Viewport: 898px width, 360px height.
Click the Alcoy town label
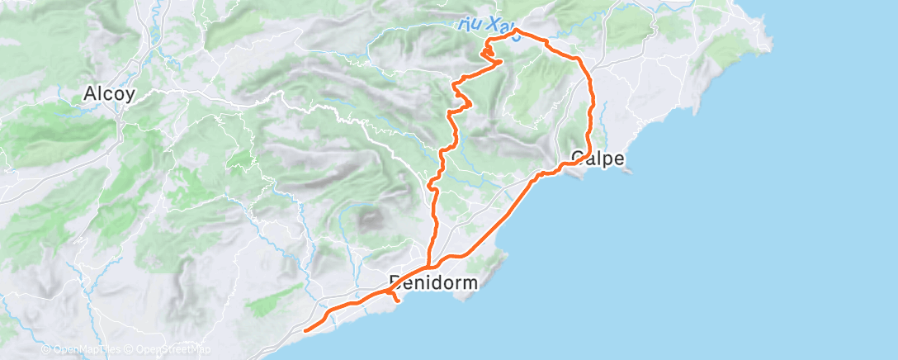109,95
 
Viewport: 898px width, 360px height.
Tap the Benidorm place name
432,283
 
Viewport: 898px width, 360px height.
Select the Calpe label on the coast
598,159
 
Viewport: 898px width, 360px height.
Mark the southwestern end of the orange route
306,331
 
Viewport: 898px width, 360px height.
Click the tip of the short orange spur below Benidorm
399,301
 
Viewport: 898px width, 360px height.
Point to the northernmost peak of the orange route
516,31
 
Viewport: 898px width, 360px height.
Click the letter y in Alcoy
130,97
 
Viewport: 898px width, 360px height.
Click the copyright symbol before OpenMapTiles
45,350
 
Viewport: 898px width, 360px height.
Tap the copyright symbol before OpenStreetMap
130,350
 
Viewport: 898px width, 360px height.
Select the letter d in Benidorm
432,283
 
